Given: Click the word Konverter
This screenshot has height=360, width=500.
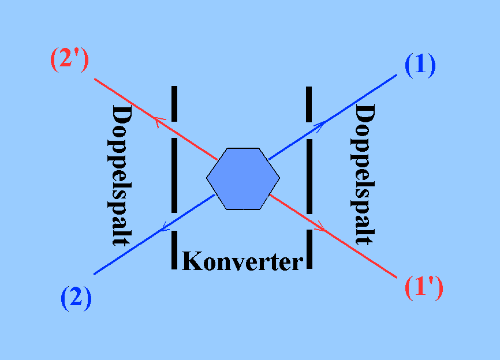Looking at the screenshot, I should point(242,261).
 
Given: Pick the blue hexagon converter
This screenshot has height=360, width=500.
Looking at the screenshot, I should point(243,178).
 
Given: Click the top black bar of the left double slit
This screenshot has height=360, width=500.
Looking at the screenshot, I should point(174,104).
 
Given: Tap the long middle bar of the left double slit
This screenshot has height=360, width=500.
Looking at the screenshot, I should point(174,175).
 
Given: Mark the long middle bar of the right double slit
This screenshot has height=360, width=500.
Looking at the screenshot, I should point(309,176).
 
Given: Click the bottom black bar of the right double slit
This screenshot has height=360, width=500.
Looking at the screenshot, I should point(309,249).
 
